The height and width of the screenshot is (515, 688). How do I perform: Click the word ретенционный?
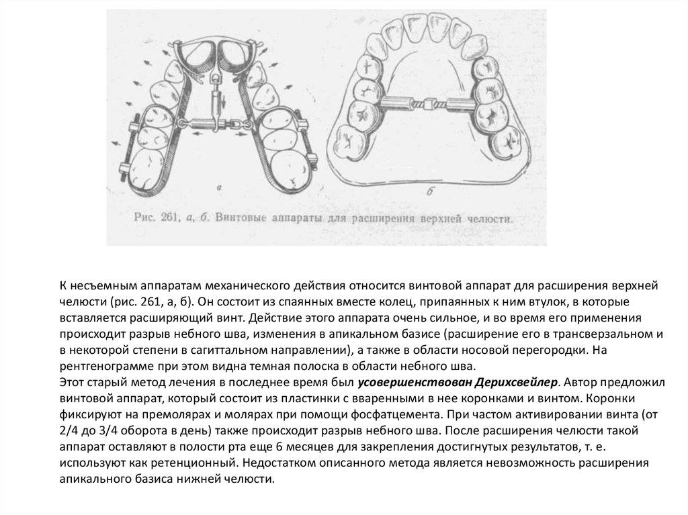pyautogui.click(x=196, y=463)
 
